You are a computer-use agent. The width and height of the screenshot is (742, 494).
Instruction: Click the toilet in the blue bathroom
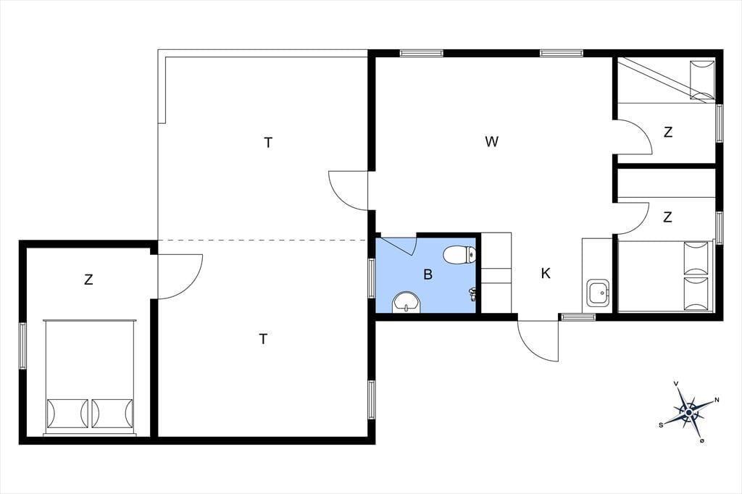(459, 254)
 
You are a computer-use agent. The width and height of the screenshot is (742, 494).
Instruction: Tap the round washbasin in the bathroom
(407, 302)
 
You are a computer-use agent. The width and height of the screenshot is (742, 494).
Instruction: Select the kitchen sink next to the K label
(598, 293)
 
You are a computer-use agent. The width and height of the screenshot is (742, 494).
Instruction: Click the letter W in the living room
(492, 141)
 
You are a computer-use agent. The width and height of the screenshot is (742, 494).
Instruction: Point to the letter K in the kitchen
(546, 273)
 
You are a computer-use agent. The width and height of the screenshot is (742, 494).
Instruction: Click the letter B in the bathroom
(428, 274)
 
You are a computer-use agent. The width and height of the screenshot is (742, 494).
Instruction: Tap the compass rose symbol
(689, 413)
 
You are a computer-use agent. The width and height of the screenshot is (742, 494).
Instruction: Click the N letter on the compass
(717, 400)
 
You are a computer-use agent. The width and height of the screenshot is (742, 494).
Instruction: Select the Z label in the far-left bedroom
(88, 280)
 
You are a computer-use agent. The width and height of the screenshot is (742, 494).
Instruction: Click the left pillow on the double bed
(67, 414)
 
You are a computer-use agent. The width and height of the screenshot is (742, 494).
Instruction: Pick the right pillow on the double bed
(112, 414)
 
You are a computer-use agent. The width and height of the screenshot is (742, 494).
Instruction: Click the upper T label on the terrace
(268, 142)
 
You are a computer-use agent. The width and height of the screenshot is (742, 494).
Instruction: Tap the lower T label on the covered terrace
(263, 339)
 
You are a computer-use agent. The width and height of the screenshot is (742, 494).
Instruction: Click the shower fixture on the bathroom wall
(472, 294)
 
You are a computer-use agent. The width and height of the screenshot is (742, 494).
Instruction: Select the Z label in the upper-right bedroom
(667, 132)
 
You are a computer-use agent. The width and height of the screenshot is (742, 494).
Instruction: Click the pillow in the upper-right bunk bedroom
(702, 80)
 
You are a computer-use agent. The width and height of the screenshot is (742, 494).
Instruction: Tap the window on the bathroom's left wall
(372, 278)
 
